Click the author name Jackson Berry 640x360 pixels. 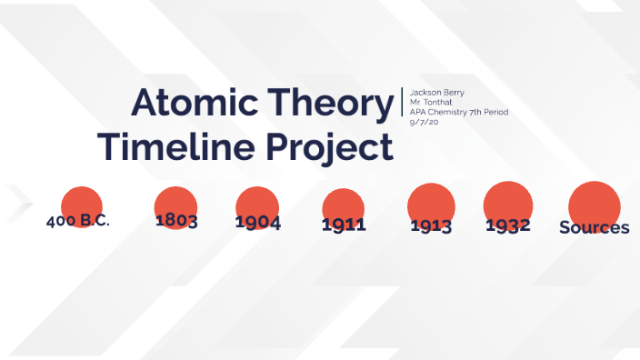[x=436, y=93]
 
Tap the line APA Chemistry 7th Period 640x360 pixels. [x=459, y=112]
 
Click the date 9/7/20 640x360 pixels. [x=424, y=122]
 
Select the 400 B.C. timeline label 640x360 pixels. [x=78, y=222]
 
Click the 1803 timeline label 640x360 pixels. [x=176, y=221]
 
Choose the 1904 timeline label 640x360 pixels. [x=257, y=223]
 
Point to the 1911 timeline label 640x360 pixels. [x=344, y=225]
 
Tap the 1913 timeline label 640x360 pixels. [x=431, y=225]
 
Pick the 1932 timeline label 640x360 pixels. [x=507, y=225]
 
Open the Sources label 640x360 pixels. [x=595, y=227]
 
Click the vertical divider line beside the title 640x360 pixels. [x=402, y=102]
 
